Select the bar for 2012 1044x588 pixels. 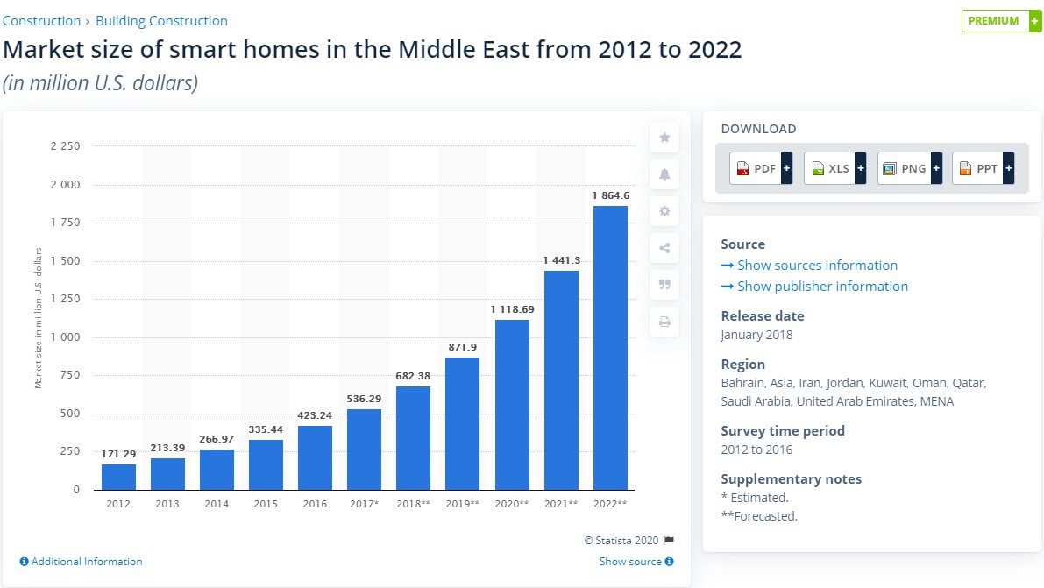tap(118, 477)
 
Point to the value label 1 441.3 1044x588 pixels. tap(561, 260)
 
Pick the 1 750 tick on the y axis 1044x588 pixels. tap(66, 223)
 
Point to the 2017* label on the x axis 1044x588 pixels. tap(364, 505)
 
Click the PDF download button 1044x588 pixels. tap(760, 168)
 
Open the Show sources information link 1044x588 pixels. tap(817, 266)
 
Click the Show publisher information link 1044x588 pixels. tap(822, 287)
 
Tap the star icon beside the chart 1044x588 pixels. tap(664, 138)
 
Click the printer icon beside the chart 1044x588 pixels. tap(664, 322)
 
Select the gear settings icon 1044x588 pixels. tap(664, 211)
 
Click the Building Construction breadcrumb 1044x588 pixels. tap(161, 20)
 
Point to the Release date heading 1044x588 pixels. tap(762, 316)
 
